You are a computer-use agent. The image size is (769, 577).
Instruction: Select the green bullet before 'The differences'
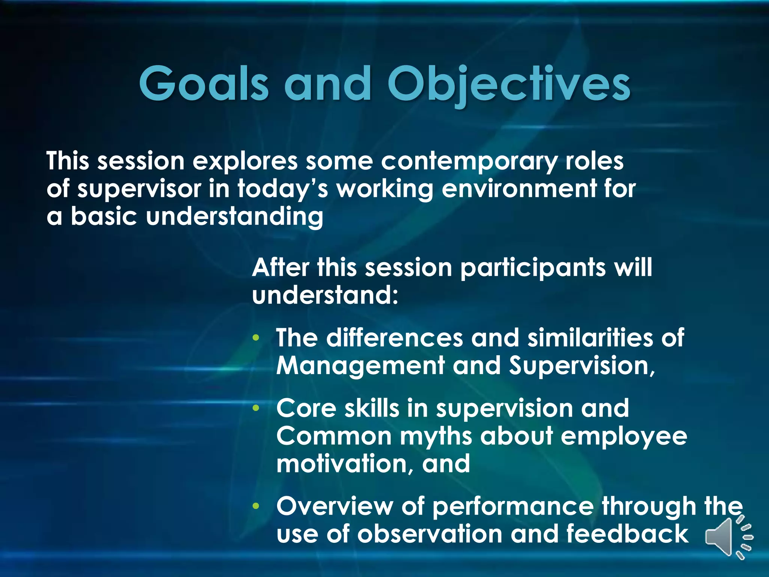coord(256,338)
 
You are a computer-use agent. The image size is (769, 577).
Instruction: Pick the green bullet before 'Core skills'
coord(256,408)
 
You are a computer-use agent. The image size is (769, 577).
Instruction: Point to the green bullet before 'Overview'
coord(256,506)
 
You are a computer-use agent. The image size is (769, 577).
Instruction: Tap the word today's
coord(283,189)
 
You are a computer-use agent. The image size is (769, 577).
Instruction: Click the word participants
coord(533,268)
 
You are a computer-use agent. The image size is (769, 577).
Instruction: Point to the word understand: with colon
coord(325,296)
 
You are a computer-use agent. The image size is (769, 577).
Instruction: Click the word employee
coord(624,437)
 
